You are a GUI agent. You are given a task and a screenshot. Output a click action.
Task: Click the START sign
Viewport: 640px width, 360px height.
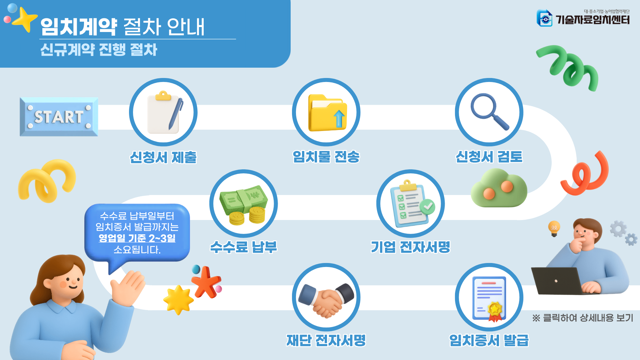(x=59, y=117)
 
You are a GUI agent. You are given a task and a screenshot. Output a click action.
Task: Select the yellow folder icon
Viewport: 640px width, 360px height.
(x=327, y=113)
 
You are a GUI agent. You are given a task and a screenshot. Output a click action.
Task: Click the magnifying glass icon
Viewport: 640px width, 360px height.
(x=489, y=112)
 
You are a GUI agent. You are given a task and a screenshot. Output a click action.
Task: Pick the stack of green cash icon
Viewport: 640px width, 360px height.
(x=244, y=204)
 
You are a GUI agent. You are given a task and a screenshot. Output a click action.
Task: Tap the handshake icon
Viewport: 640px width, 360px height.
(x=326, y=297)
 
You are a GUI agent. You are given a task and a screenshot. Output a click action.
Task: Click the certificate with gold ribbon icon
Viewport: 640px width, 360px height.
(x=489, y=297)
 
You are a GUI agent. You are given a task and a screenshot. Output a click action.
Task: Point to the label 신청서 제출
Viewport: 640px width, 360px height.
(x=163, y=157)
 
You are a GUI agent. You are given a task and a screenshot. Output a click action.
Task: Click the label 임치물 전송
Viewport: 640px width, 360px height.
(x=326, y=157)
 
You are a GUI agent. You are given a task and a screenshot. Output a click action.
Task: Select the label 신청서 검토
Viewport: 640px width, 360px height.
(x=489, y=157)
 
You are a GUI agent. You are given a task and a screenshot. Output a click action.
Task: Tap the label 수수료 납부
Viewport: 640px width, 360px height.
(x=244, y=247)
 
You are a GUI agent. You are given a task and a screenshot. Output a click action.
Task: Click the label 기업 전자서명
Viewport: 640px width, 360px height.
(x=411, y=247)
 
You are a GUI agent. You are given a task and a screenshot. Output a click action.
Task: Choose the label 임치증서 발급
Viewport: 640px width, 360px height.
(x=489, y=340)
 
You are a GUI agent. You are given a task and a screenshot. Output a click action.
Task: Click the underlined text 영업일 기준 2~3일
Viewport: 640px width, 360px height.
(x=137, y=238)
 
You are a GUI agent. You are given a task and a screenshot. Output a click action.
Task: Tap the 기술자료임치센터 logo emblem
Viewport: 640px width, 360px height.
(x=544, y=18)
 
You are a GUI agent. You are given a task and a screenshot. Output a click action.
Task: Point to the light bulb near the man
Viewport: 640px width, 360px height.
(x=554, y=228)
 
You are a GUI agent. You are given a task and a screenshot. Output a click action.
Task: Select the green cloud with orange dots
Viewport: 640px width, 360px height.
(x=499, y=189)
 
